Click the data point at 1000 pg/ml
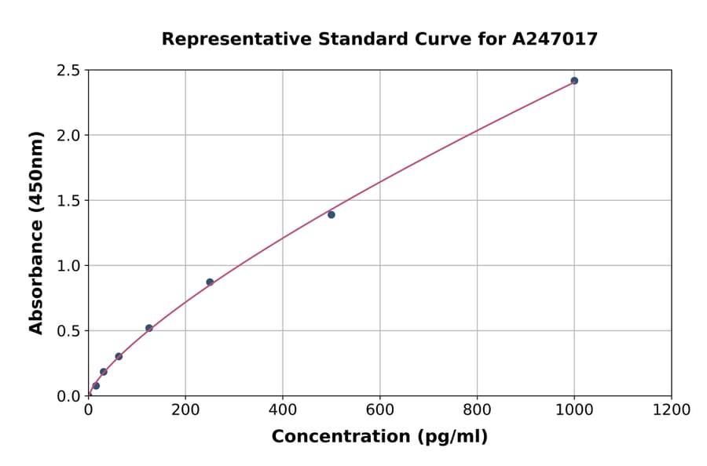click(574, 81)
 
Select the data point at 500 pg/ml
click(332, 215)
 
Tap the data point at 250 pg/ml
click(210, 282)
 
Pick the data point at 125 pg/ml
click(149, 328)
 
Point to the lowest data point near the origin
click(96, 386)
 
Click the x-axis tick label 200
click(185, 410)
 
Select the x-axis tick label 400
click(283, 410)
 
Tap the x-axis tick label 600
click(380, 410)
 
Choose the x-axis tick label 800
click(477, 410)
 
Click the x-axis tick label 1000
click(574, 410)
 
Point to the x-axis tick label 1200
click(672, 410)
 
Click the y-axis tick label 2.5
click(69, 71)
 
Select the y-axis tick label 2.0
click(69, 136)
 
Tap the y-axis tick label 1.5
click(69, 201)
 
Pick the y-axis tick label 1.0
click(69, 266)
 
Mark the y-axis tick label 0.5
click(69, 331)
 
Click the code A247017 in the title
click(555, 39)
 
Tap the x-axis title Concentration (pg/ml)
click(379, 437)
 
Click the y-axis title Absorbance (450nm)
click(36, 232)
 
